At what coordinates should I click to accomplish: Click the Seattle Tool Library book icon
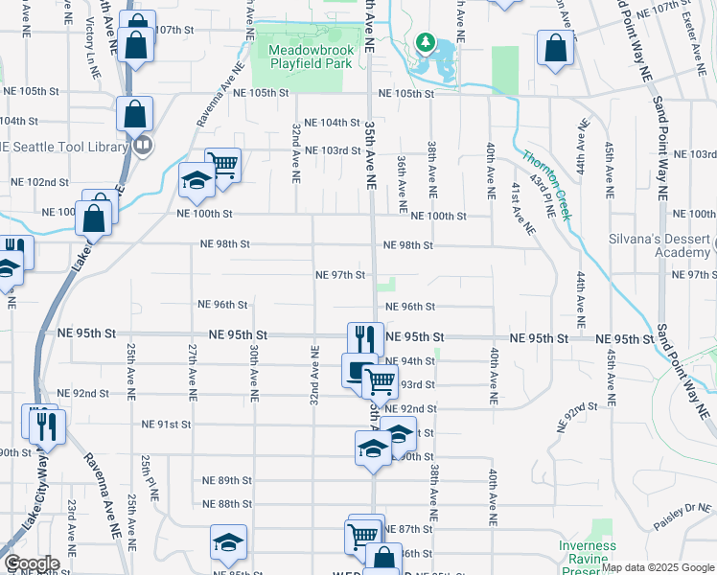click(x=143, y=146)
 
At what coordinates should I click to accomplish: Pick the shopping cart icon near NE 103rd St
click(x=221, y=164)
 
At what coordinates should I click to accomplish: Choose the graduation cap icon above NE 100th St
click(x=197, y=179)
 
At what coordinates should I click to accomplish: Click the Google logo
click(x=31, y=563)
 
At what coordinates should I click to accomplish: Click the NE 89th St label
click(x=226, y=480)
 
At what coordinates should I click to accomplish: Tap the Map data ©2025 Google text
click(x=658, y=567)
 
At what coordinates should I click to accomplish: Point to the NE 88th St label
click(x=226, y=504)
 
